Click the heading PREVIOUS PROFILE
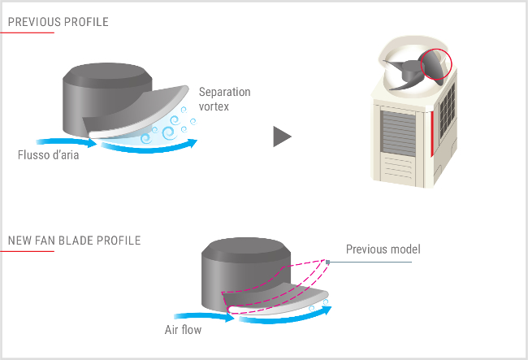coord(58,22)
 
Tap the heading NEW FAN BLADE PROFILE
coord(75,241)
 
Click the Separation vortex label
coord(224,99)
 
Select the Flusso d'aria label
coord(49,155)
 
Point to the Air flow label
coord(184,329)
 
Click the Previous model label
coord(383,249)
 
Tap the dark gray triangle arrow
coord(282,137)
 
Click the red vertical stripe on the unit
coord(432,134)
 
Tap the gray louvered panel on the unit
coord(398,133)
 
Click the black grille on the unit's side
coord(448,111)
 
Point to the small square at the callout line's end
coord(327,262)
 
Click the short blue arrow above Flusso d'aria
coord(67,142)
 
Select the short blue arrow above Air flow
coord(204,317)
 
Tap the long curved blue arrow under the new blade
coord(285,317)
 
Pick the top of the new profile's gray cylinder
coord(246,249)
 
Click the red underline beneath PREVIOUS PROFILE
coord(27,33)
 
